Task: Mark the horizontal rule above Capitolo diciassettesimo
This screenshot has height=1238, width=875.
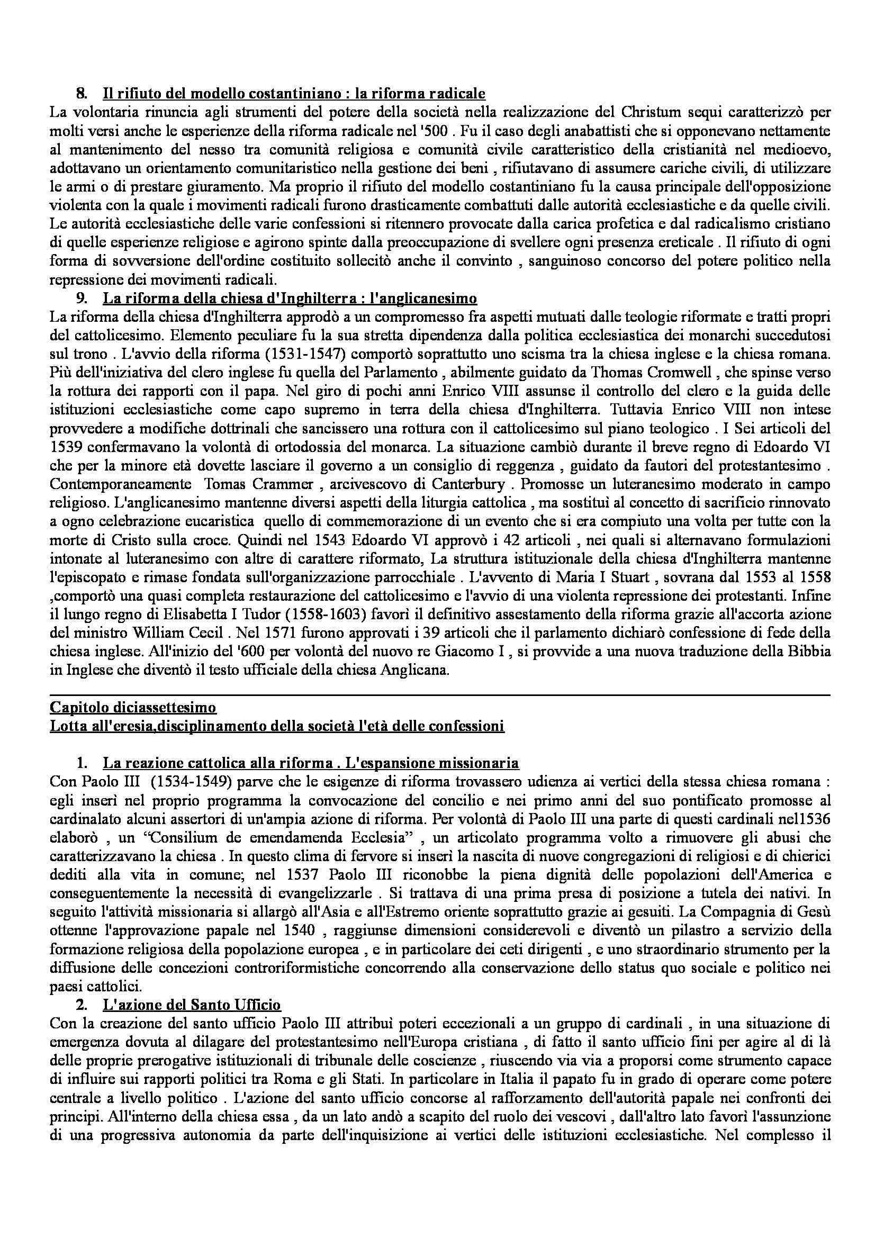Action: click(x=439, y=695)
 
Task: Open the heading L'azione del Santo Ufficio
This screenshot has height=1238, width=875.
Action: click(x=192, y=1005)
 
